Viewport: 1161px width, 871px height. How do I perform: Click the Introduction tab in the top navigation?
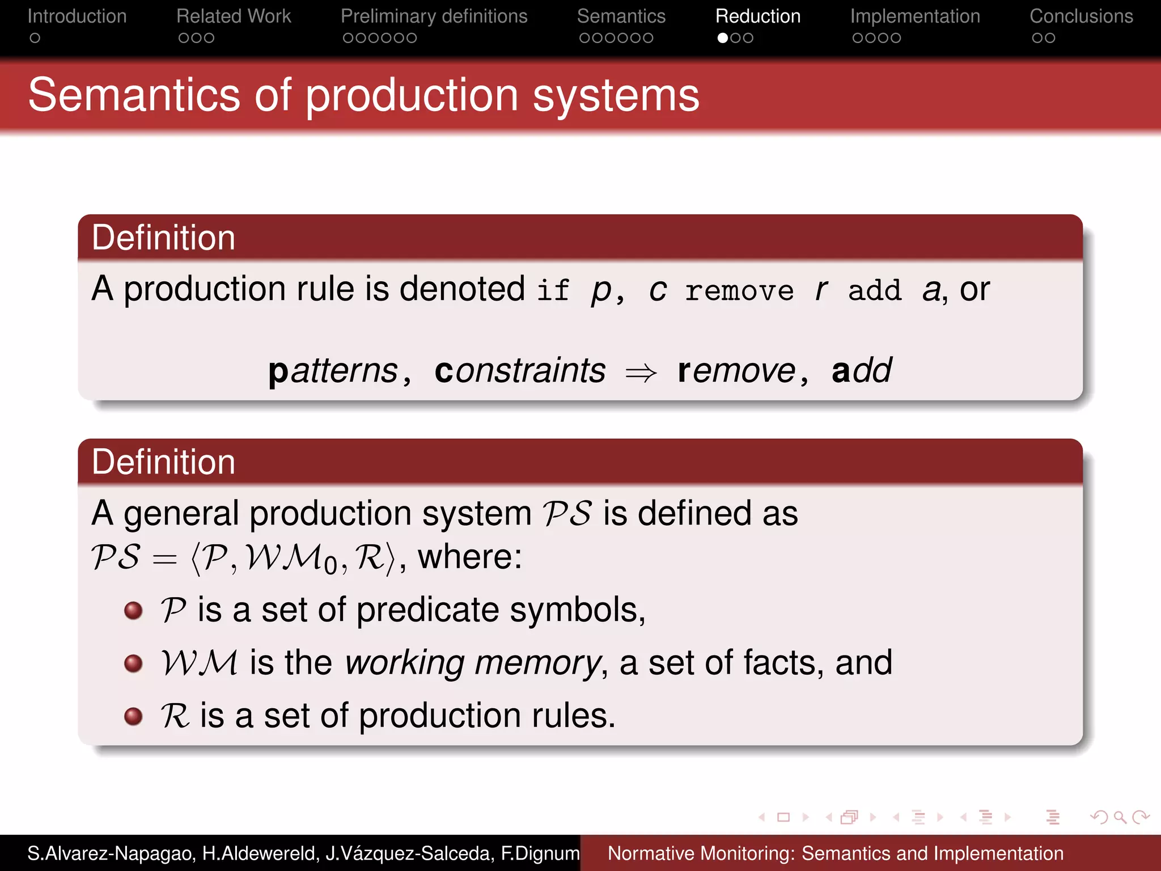(x=77, y=16)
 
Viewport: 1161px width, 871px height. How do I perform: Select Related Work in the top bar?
(x=234, y=16)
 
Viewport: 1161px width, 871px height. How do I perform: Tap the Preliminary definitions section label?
(x=434, y=16)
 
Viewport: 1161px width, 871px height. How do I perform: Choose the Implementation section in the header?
(x=915, y=16)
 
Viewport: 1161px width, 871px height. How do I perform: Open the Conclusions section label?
(x=1081, y=16)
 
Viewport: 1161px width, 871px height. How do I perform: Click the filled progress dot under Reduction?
(x=723, y=38)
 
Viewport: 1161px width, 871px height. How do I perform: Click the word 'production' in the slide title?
(x=412, y=95)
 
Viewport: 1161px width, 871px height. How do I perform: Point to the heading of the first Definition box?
(x=163, y=238)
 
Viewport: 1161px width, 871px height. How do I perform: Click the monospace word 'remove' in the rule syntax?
(x=739, y=291)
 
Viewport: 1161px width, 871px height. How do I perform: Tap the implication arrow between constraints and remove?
(x=641, y=373)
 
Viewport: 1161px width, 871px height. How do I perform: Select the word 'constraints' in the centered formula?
(x=520, y=371)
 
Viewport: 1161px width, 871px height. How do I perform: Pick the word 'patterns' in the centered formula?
(x=333, y=372)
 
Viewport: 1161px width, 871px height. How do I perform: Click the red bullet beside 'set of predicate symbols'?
(x=133, y=611)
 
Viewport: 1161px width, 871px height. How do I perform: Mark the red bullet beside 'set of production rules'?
(x=133, y=716)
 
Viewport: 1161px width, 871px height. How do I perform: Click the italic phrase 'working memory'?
(x=473, y=663)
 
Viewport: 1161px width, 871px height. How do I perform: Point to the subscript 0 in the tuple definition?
(x=331, y=564)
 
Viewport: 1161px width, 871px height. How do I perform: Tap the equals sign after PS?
(x=165, y=559)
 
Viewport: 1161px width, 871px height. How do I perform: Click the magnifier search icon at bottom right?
(x=1120, y=817)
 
